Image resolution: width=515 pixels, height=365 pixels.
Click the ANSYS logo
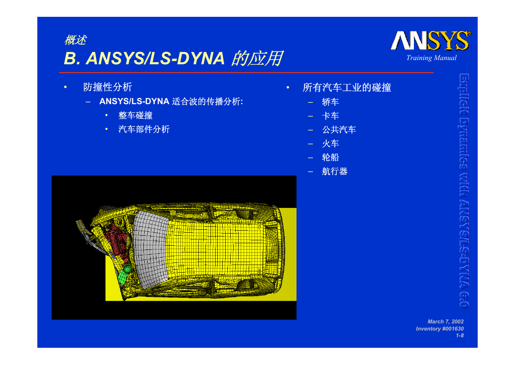coord(431,41)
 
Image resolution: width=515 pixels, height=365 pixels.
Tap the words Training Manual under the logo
coord(432,58)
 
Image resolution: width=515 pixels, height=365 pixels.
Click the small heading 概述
coord(75,40)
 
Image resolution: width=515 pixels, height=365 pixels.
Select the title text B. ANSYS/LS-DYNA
coord(144,58)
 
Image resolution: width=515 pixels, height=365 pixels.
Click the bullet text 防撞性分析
coord(107,87)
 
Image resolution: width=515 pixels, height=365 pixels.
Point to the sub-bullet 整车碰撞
coord(135,116)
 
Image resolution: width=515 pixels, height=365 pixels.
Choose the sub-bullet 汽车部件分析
coord(144,129)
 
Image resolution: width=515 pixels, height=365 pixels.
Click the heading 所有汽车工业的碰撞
coord(347,87)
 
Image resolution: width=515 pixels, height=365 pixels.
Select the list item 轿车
coord(330,102)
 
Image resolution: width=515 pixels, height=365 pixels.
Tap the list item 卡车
coord(330,116)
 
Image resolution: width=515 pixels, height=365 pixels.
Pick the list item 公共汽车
coord(339,130)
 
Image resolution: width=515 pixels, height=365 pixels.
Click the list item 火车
coord(330,144)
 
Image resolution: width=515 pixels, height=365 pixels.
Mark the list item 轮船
coord(330,157)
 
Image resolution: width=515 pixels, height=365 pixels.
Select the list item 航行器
coord(335,171)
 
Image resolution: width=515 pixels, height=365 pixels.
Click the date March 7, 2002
coord(445,321)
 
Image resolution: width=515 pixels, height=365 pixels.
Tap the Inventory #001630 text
coord(440,328)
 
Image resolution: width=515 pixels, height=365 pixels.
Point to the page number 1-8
coord(460,336)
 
